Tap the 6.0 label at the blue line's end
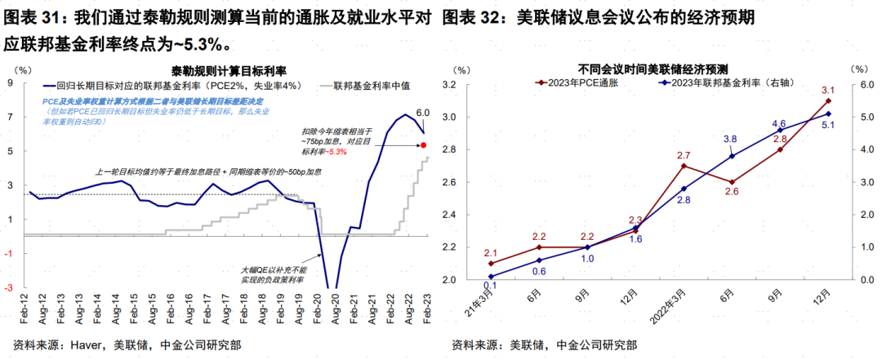tap(423, 113)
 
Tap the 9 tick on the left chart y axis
tap(11, 83)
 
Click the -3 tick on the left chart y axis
tap(9, 287)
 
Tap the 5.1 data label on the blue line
tap(828, 126)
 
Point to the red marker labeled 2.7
tap(684, 166)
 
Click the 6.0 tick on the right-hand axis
tap(858, 84)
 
